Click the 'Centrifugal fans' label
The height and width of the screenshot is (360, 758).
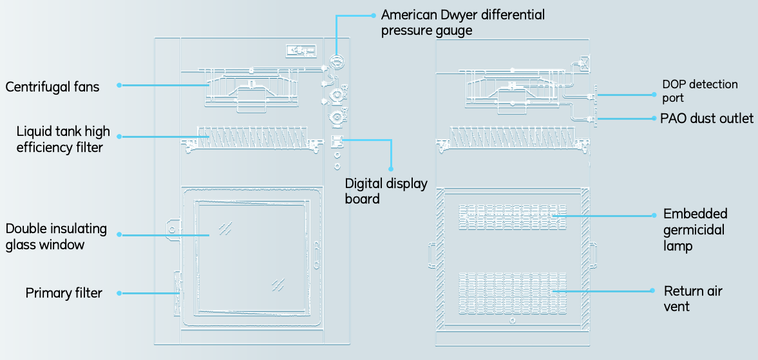pyautogui.click(x=52, y=86)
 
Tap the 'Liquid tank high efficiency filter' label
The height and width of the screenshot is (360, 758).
pyautogui.click(x=63, y=139)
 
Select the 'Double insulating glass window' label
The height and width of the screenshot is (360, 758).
pyautogui.click(x=56, y=236)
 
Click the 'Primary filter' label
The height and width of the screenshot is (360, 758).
pyautogui.click(x=64, y=293)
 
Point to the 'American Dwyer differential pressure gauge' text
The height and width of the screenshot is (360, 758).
pyautogui.click(x=462, y=22)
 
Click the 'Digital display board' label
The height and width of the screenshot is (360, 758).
pyautogui.click(x=386, y=191)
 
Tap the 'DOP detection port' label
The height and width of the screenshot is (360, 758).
pyautogui.click(x=699, y=91)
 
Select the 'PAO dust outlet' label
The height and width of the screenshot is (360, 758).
pyautogui.click(x=706, y=118)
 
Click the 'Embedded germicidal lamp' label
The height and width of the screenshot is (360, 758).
pyautogui.click(x=695, y=230)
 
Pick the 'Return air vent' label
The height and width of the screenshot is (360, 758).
pyautogui.click(x=693, y=299)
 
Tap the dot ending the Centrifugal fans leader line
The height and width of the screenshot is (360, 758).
pyautogui.click(x=120, y=84)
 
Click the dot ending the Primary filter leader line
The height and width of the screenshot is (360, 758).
pyautogui.click(x=120, y=293)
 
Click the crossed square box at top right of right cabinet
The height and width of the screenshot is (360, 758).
pyautogui.click(x=584, y=63)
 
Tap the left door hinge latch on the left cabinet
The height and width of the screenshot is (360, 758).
pyautogui.click(x=171, y=228)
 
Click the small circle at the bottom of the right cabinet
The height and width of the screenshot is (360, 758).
pyautogui.click(x=512, y=320)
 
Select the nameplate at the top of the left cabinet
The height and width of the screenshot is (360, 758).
pyautogui.click(x=300, y=50)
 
